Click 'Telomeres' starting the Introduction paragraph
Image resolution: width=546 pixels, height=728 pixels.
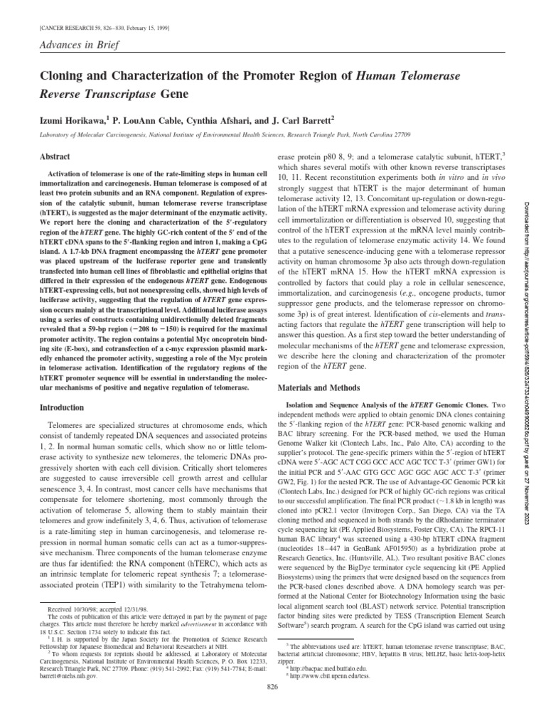click(55, 425)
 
